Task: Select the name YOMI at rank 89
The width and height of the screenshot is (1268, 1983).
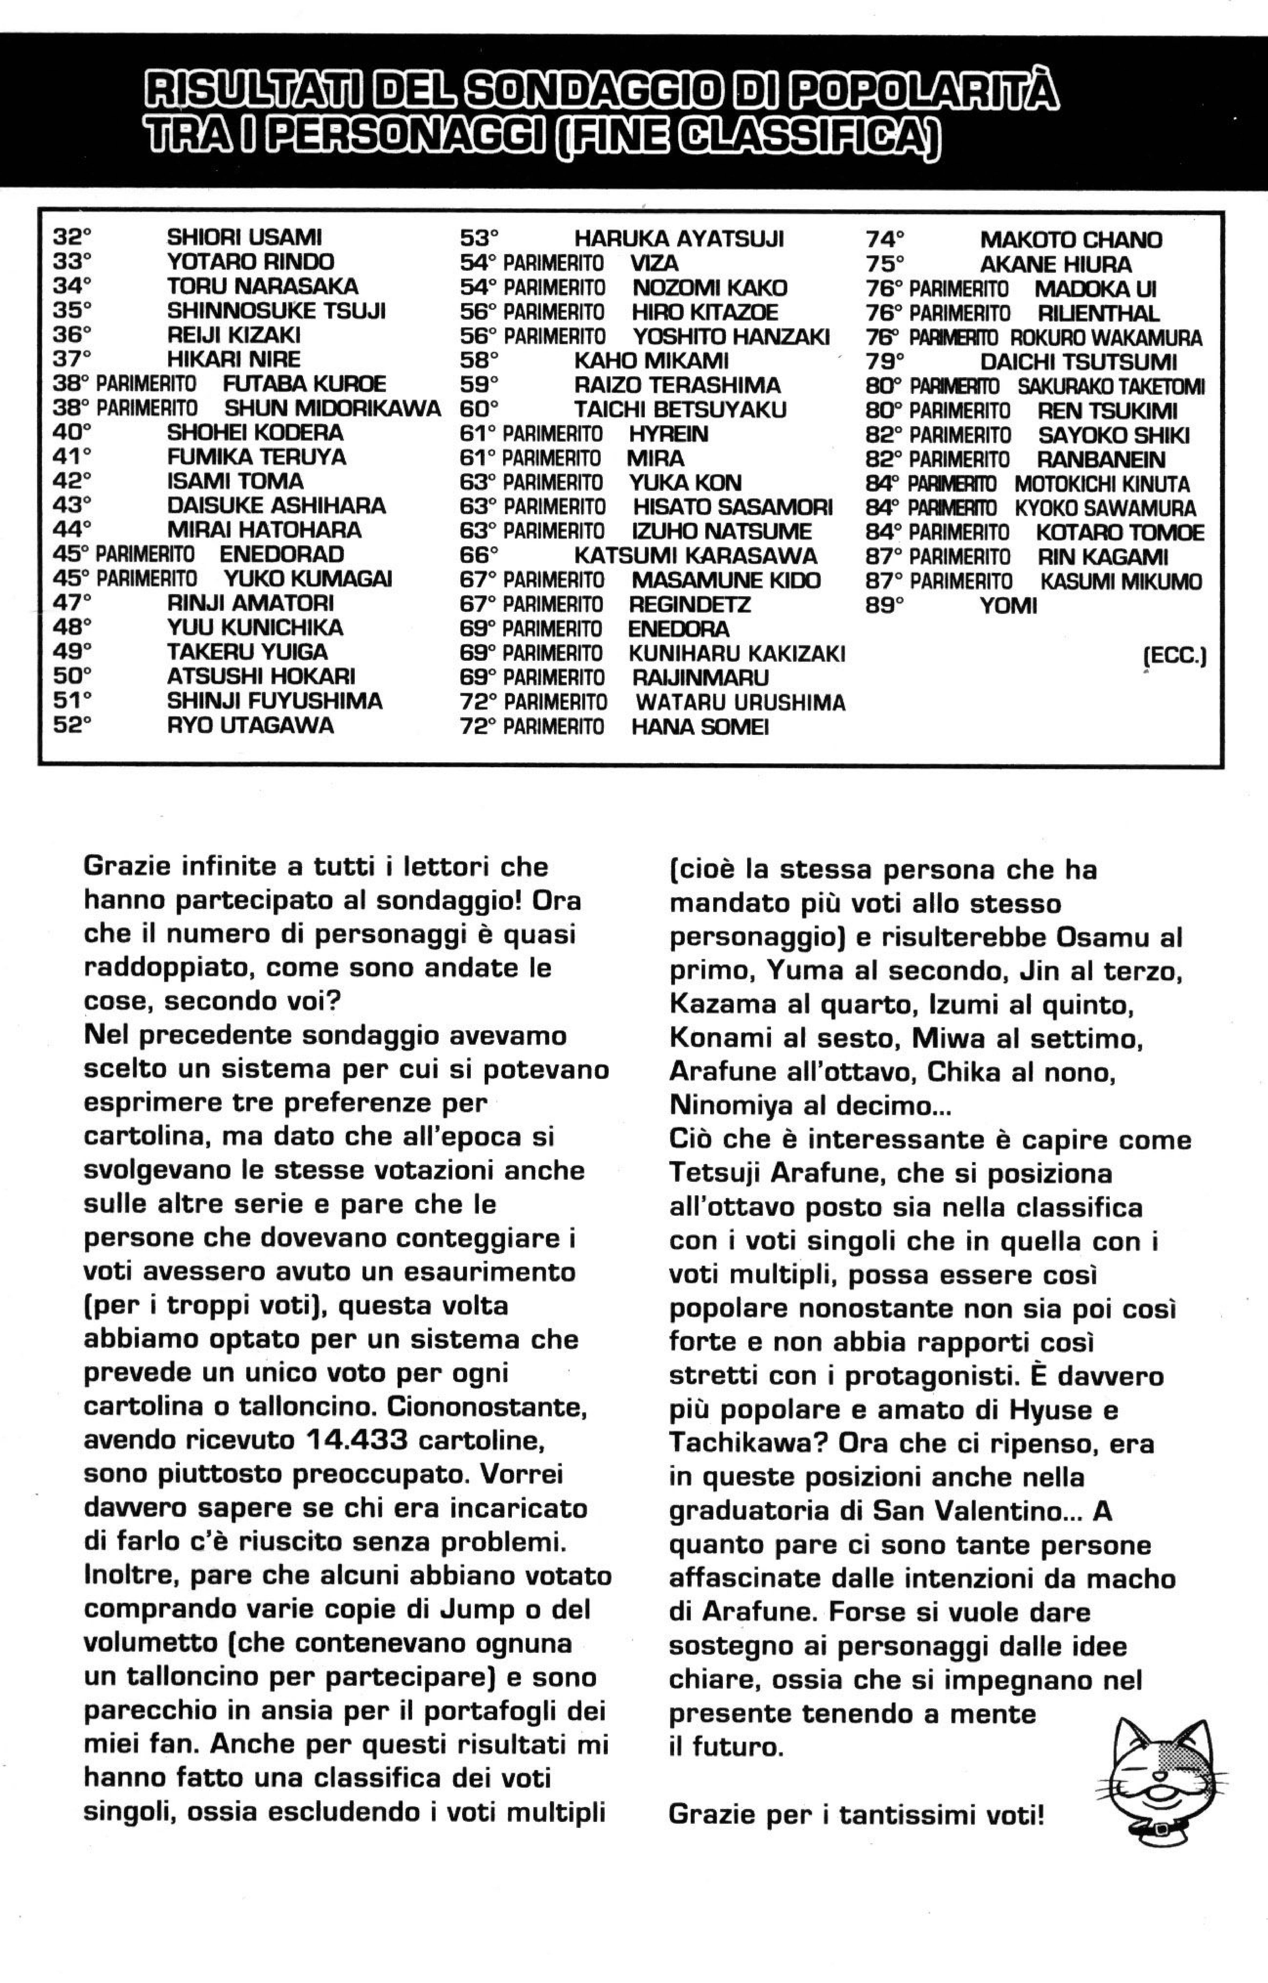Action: [1008, 606]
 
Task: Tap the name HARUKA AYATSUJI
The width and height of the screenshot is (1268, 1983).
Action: [679, 240]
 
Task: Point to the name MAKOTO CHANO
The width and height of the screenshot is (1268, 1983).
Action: [1070, 240]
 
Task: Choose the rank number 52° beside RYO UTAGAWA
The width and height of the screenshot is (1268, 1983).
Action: [72, 726]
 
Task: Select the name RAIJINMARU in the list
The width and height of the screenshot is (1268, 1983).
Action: [700, 678]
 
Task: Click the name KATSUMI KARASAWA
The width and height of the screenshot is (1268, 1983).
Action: [695, 556]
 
